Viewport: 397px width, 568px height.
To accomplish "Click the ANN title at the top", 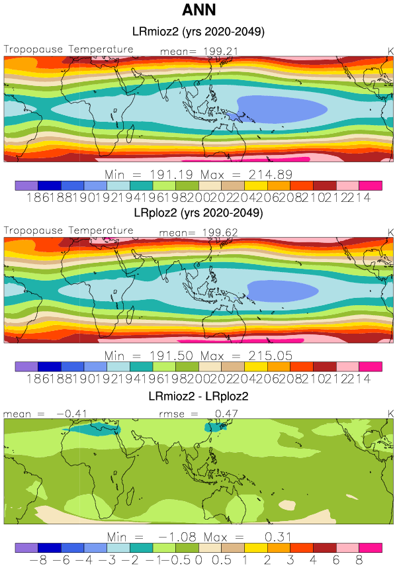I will pos(198,11).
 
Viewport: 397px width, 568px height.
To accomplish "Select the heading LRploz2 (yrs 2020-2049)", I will pos(199,214).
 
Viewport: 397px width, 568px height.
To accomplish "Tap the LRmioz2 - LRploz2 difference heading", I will pos(199,396).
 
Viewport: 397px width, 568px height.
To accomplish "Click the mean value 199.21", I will pos(214,50).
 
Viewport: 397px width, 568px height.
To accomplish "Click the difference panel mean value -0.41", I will pos(64,414).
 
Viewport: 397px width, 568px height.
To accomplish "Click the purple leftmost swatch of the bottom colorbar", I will pos(26,547).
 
